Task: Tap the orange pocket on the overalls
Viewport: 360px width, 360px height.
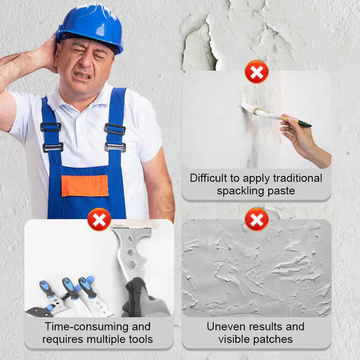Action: pos(85,185)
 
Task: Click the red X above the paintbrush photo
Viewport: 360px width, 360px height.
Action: pos(256,73)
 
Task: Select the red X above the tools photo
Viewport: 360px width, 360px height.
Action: pos(99,219)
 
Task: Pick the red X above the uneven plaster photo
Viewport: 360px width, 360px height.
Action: pos(256,219)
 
